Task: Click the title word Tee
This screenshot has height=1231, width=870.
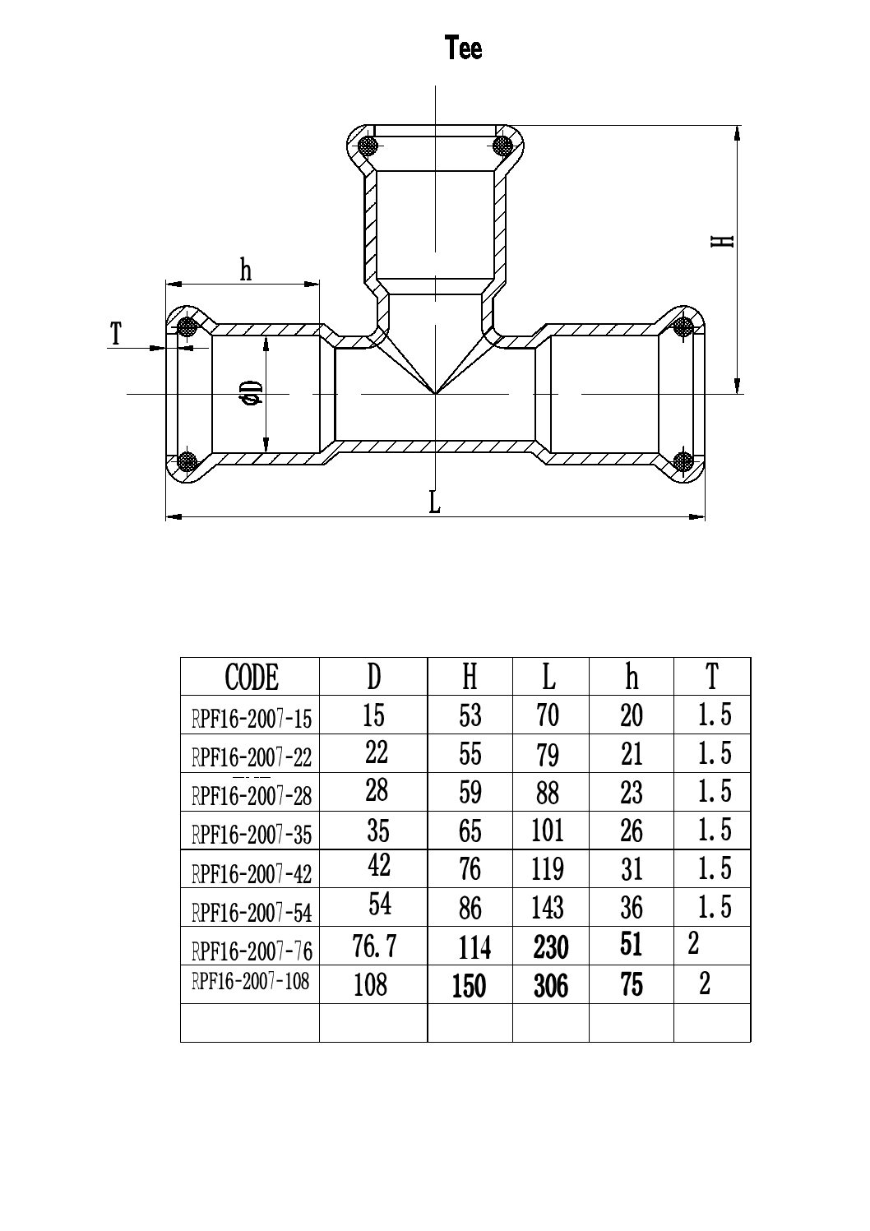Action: (463, 49)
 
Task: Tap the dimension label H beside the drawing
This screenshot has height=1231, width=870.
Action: (722, 241)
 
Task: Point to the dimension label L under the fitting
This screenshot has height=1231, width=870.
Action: (435, 502)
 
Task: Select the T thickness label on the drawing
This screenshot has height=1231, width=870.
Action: (116, 335)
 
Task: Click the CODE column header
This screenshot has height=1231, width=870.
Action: (251, 678)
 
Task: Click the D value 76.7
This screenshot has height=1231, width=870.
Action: (374, 947)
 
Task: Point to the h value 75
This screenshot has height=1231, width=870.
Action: (632, 985)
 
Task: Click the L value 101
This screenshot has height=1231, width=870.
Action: (548, 831)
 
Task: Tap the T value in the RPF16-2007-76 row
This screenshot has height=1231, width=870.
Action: (693, 944)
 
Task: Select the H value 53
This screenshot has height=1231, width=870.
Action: (470, 715)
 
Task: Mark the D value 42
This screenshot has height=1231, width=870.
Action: (378, 865)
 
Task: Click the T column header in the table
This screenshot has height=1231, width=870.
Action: (711, 677)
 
